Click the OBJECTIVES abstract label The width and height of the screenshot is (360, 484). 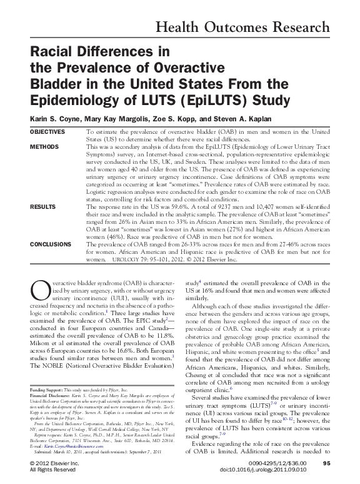pos(47,133)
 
